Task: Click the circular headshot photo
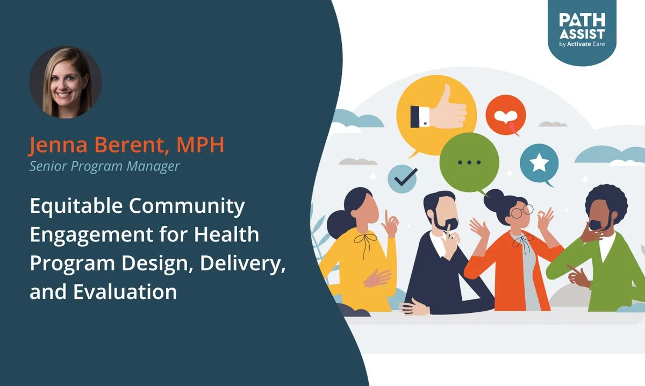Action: coord(66,82)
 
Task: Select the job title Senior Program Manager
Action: coord(104,166)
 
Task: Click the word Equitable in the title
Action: coord(76,206)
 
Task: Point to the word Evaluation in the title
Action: coord(125,291)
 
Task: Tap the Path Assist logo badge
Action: coord(582,31)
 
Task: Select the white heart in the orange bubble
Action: coord(506,117)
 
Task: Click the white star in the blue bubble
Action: coord(539,162)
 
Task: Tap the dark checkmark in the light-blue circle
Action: coord(406,177)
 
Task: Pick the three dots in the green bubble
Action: coord(469,162)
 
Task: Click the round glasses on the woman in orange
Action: coord(522,211)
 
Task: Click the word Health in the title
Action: coord(226,234)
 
